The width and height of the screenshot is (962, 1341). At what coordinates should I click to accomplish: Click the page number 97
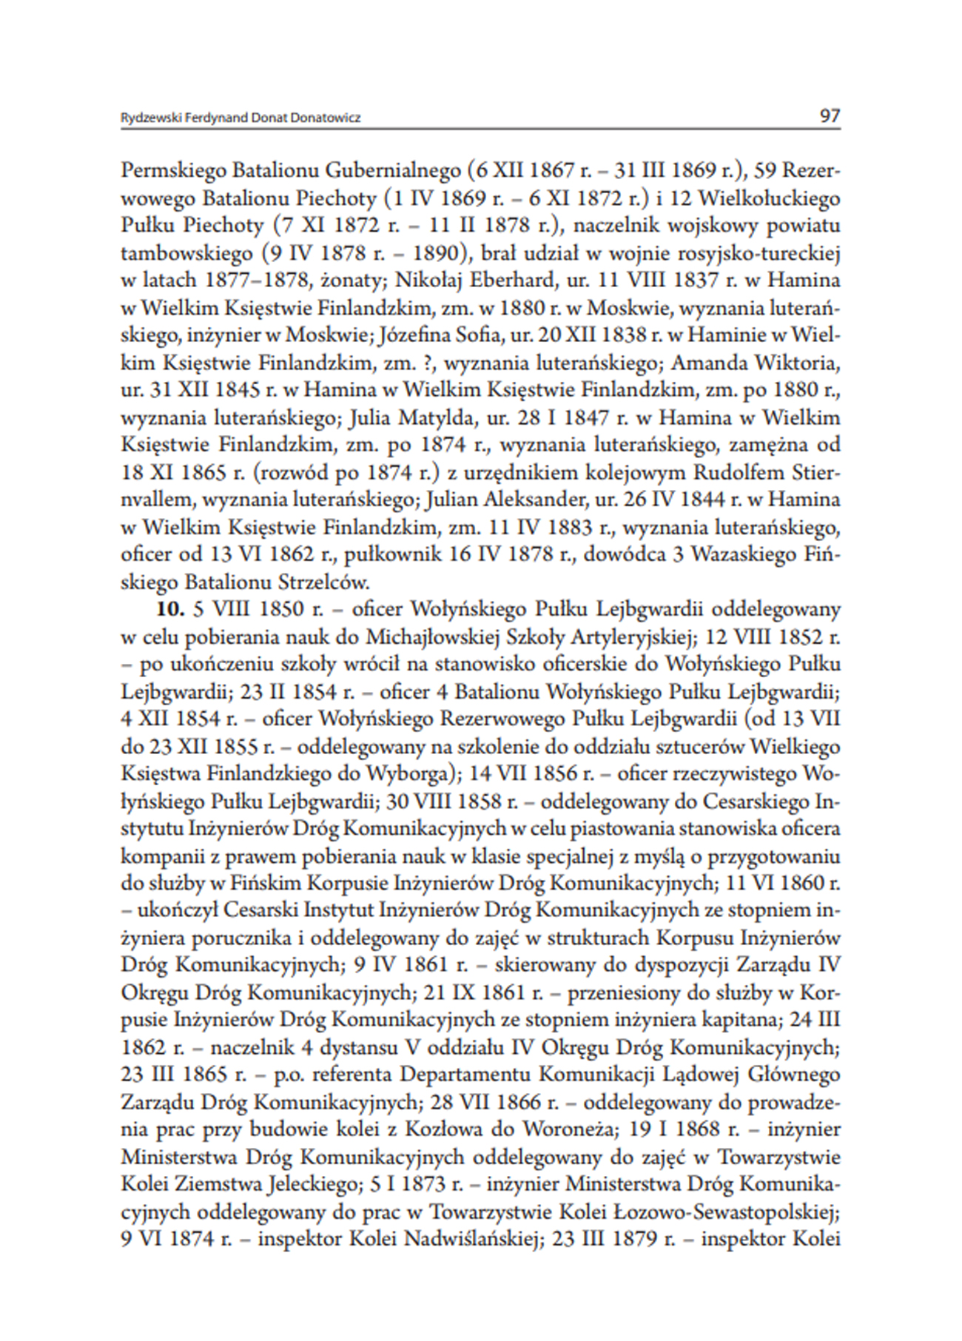point(830,115)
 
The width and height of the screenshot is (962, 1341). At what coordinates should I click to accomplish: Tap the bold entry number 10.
point(169,609)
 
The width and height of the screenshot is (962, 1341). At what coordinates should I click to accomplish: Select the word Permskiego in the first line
point(173,171)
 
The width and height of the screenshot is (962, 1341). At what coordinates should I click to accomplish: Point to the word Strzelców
point(323,582)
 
